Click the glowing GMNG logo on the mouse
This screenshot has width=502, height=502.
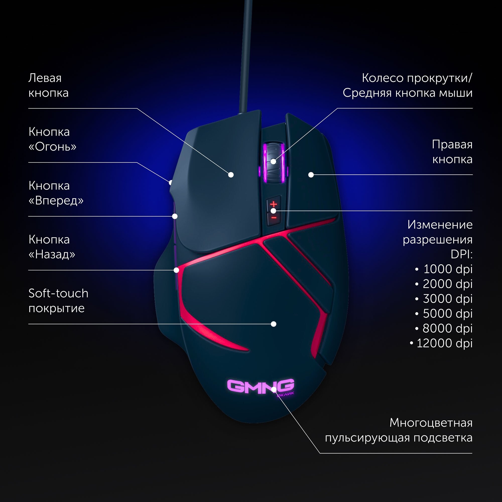point(260,386)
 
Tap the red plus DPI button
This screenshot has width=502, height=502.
point(273,204)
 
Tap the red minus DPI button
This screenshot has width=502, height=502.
point(274,217)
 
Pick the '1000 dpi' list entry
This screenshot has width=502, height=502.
point(448,269)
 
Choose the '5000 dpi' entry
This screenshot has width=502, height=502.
point(448,313)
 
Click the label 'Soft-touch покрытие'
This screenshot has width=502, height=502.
point(58,301)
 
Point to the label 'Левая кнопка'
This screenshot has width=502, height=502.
point(48,85)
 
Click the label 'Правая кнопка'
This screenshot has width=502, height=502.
point(452,152)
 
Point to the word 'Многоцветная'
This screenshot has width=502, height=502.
point(431,423)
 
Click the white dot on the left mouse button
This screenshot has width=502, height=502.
point(231,175)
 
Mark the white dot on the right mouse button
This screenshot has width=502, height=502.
point(311,175)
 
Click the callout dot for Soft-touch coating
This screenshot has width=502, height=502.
point(273,324)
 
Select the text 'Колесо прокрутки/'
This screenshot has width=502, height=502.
point(417,78)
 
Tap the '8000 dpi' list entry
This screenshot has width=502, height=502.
point(447,328)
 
